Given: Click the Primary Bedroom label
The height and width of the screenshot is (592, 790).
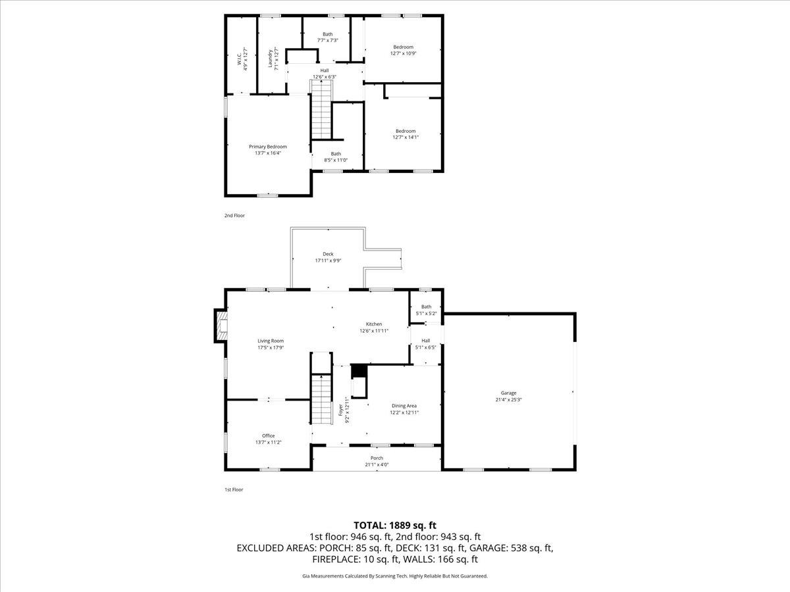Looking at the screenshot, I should (x=268, y=149).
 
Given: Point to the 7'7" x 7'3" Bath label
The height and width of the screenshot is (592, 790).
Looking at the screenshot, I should (x=327, y=37).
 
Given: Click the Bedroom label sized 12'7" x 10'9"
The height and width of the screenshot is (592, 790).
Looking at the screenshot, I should (x=404, y=50).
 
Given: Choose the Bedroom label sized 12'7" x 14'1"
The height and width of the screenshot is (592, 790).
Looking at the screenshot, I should (x=406, y=134).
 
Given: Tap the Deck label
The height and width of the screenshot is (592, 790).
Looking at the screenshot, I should (x=328, y=257).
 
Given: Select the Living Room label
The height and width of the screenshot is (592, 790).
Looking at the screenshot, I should (x=271, y=344).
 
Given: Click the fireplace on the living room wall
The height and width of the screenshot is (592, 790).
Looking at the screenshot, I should (x=220, y=326).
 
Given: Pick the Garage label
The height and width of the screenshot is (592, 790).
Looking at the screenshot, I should (x=508, y=396).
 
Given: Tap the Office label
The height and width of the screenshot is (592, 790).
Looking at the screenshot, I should (x=268, y=439).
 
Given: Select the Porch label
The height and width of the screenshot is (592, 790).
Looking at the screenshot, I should (x=377, y=461).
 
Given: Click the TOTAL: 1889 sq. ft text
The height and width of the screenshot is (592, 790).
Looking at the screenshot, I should (x=395, y=525).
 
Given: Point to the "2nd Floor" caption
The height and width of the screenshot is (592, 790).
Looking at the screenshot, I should (x=234, y=215).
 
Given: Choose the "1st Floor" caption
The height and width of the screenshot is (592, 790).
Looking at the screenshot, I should (x=234, y=489).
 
